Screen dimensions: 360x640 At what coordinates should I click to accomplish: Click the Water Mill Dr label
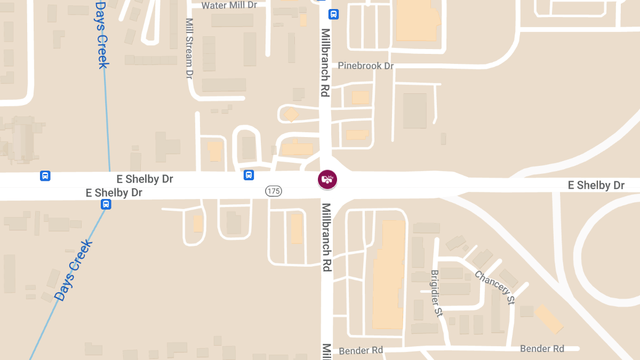coord(229,5)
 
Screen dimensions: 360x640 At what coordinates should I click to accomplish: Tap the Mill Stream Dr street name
coord(189,49)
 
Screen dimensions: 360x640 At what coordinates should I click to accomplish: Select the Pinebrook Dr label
coord(366,66)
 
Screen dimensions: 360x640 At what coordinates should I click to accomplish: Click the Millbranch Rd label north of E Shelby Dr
coord(325,62)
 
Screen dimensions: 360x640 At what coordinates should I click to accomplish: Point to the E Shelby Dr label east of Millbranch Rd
coord(596,185)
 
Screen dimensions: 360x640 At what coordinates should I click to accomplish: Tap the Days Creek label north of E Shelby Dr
coord(102,35)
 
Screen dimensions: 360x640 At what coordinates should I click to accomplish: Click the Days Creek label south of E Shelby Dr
coord(74,270)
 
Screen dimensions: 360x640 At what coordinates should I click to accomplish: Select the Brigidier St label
coord(437,293)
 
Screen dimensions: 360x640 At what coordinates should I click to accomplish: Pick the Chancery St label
coord(495,287)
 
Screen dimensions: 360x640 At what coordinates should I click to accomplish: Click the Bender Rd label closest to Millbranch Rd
coord(361,350)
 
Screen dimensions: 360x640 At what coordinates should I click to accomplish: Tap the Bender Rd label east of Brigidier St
coord(542,349)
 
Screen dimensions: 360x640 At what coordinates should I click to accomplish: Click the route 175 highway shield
coord(274,191)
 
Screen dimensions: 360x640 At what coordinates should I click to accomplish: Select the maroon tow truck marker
coord(327,180)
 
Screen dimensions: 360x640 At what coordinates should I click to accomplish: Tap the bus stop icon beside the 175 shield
coord(249,175)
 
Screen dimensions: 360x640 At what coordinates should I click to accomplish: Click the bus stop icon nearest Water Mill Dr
coord(333,14)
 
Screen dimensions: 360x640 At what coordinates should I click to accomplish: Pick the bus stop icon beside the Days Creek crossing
coord(106,204)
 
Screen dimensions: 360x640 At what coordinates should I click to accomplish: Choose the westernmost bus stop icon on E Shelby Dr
coord(45,175)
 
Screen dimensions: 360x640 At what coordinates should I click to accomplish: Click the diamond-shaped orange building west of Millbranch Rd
coord(291,115)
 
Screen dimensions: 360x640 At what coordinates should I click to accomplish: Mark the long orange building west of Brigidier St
coord(388,275)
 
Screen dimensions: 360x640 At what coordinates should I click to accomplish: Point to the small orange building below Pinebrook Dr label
coord(361,98)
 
